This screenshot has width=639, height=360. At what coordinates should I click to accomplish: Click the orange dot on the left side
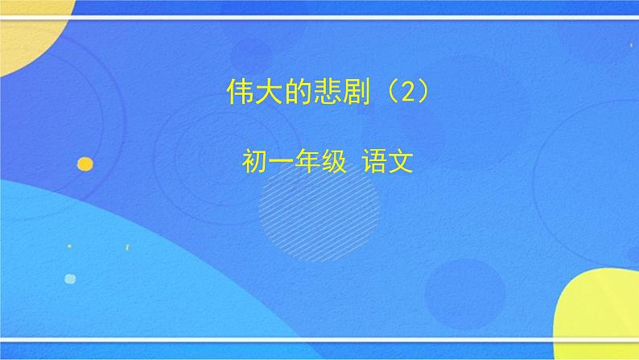pyautogui.click(x=85, y=164)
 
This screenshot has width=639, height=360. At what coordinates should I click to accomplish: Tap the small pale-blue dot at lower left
pyautogui.click(x=70, y=279)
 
